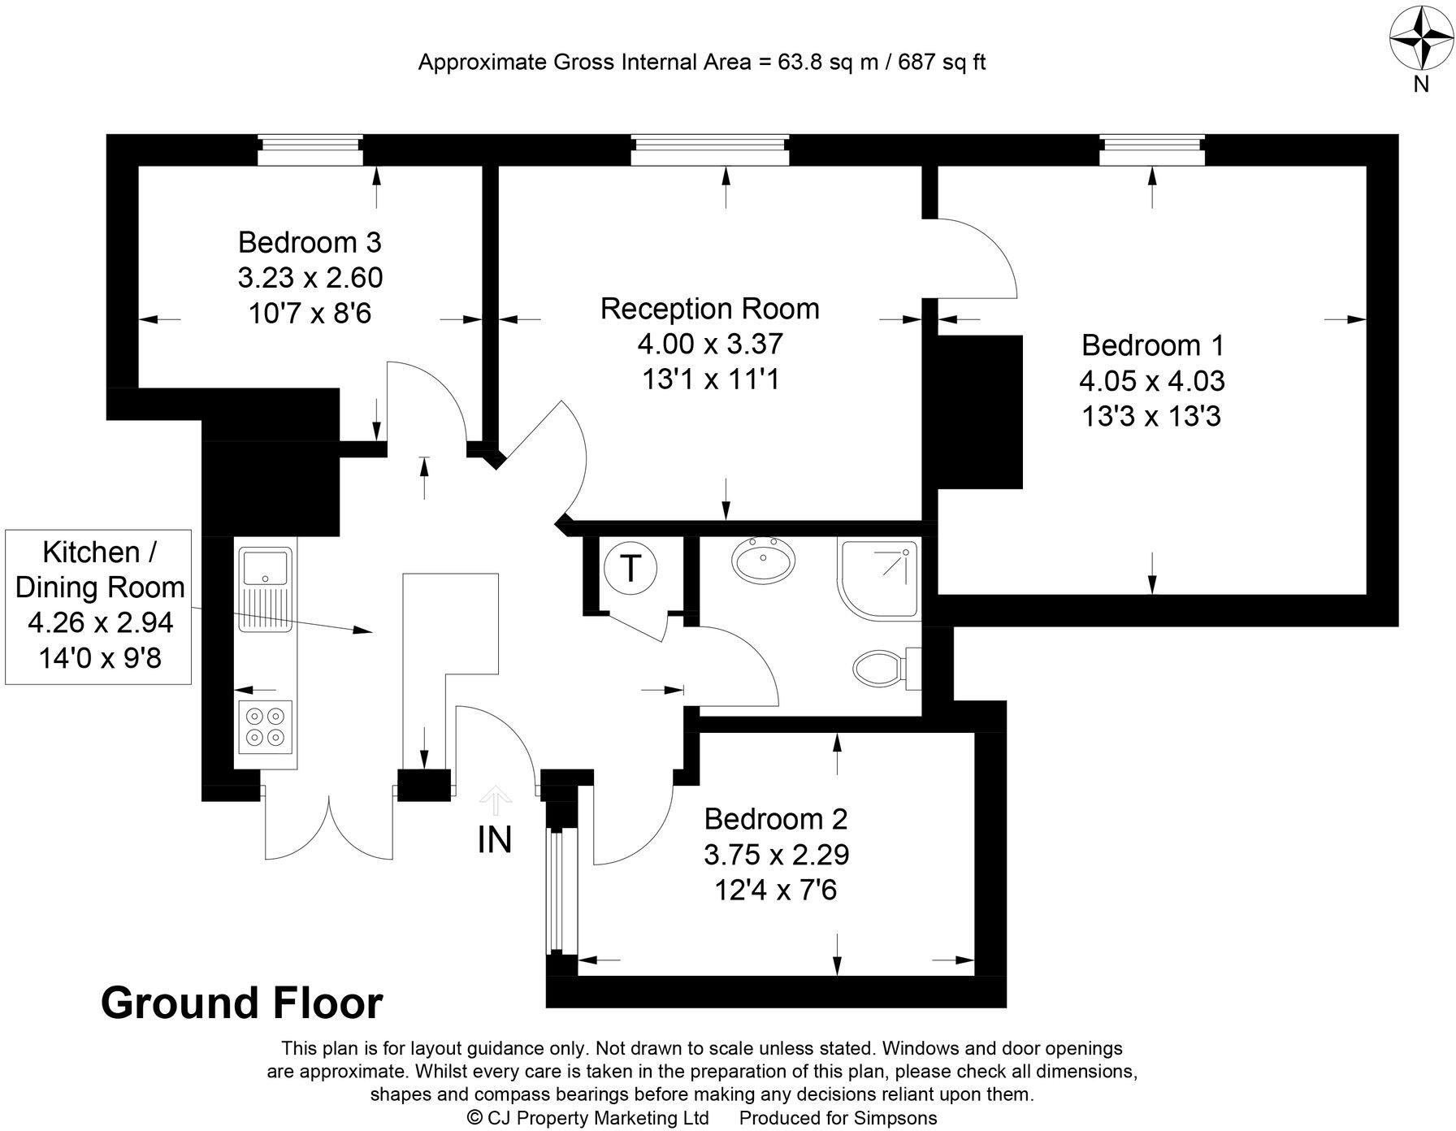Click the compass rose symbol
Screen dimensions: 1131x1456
pyautogui.click(x=1421, y=38)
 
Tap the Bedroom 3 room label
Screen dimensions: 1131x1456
pyautogui.click(x=310, y=242)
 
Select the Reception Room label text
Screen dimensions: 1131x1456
pyautogui.click(x=709, y=309)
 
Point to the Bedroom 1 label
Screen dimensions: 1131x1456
pyautogui.click(x=1151, y=345)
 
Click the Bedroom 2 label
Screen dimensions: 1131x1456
pyautogui.click(x=775, y=818)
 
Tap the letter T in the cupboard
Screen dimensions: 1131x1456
pyautogui.click(x=630, y=567)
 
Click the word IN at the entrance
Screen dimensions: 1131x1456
pyautogui.click(x=494, y=840)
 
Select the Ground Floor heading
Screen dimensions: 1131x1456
pyautogui.click(x=241, y=1003)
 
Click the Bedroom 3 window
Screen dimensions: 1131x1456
pyautogui.click(x=309, y=150)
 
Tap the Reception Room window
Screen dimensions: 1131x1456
pyautogui.click(x=709, y=150)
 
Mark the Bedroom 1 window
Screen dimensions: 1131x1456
pyautogui.click(x=1151, y=150)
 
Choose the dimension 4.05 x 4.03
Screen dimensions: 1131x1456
pyautogui.click(x=1151, y=381)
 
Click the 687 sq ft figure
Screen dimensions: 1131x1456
pyautogui.click(x=941, y=63)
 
